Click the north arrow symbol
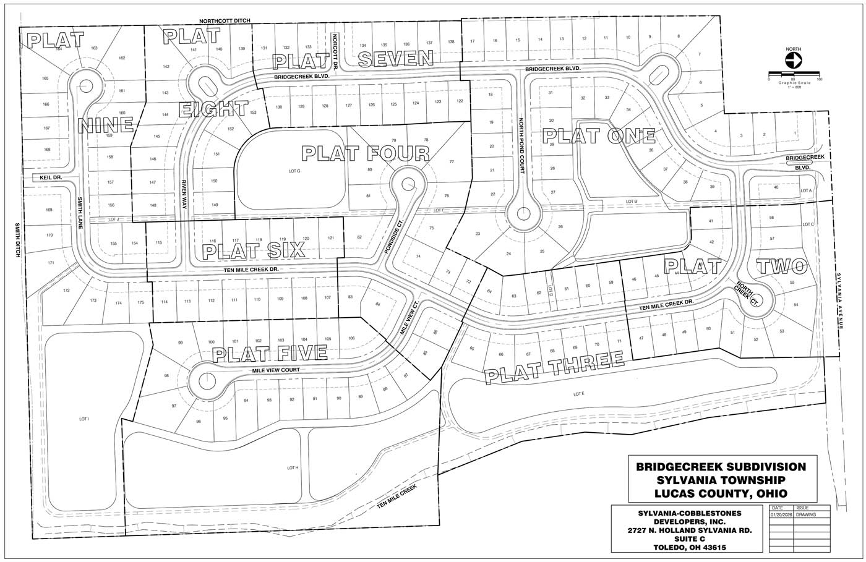tap(793, 61)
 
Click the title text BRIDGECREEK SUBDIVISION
tap(721, 466)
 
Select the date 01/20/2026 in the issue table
tap(781, 514)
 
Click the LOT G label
tap(294, 171)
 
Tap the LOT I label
tap(84, 419)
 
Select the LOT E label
tap(578, 394)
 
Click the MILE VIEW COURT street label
tap(276, 370)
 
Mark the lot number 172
tap(66, 289)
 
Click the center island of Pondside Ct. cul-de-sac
tap(408, 183)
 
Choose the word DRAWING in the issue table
tap(806, 514)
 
